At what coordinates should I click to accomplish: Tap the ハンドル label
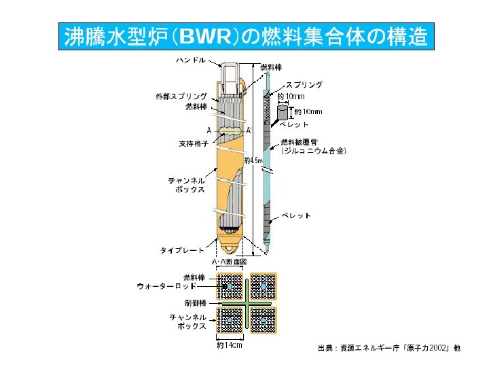(x=192, y=60)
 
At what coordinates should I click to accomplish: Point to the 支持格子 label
(x=194, y=144)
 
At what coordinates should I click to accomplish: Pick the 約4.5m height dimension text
(x=253, y=160)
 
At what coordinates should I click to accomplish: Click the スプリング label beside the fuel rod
(x=304, y=85)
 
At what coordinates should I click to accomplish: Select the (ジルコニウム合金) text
(x=314, y=151)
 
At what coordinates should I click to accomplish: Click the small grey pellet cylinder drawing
(x=282, y=113)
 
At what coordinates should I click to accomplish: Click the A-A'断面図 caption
(x=229, y=262)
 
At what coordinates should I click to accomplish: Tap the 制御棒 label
(x=196, y=302)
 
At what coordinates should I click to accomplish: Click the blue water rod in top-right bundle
(x=264, y=286)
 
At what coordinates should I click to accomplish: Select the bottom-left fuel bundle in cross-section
(x=230, y=319)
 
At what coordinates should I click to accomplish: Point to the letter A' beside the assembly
(x=249, y=130)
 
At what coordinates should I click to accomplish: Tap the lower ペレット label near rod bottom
(x=296, y=216)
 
